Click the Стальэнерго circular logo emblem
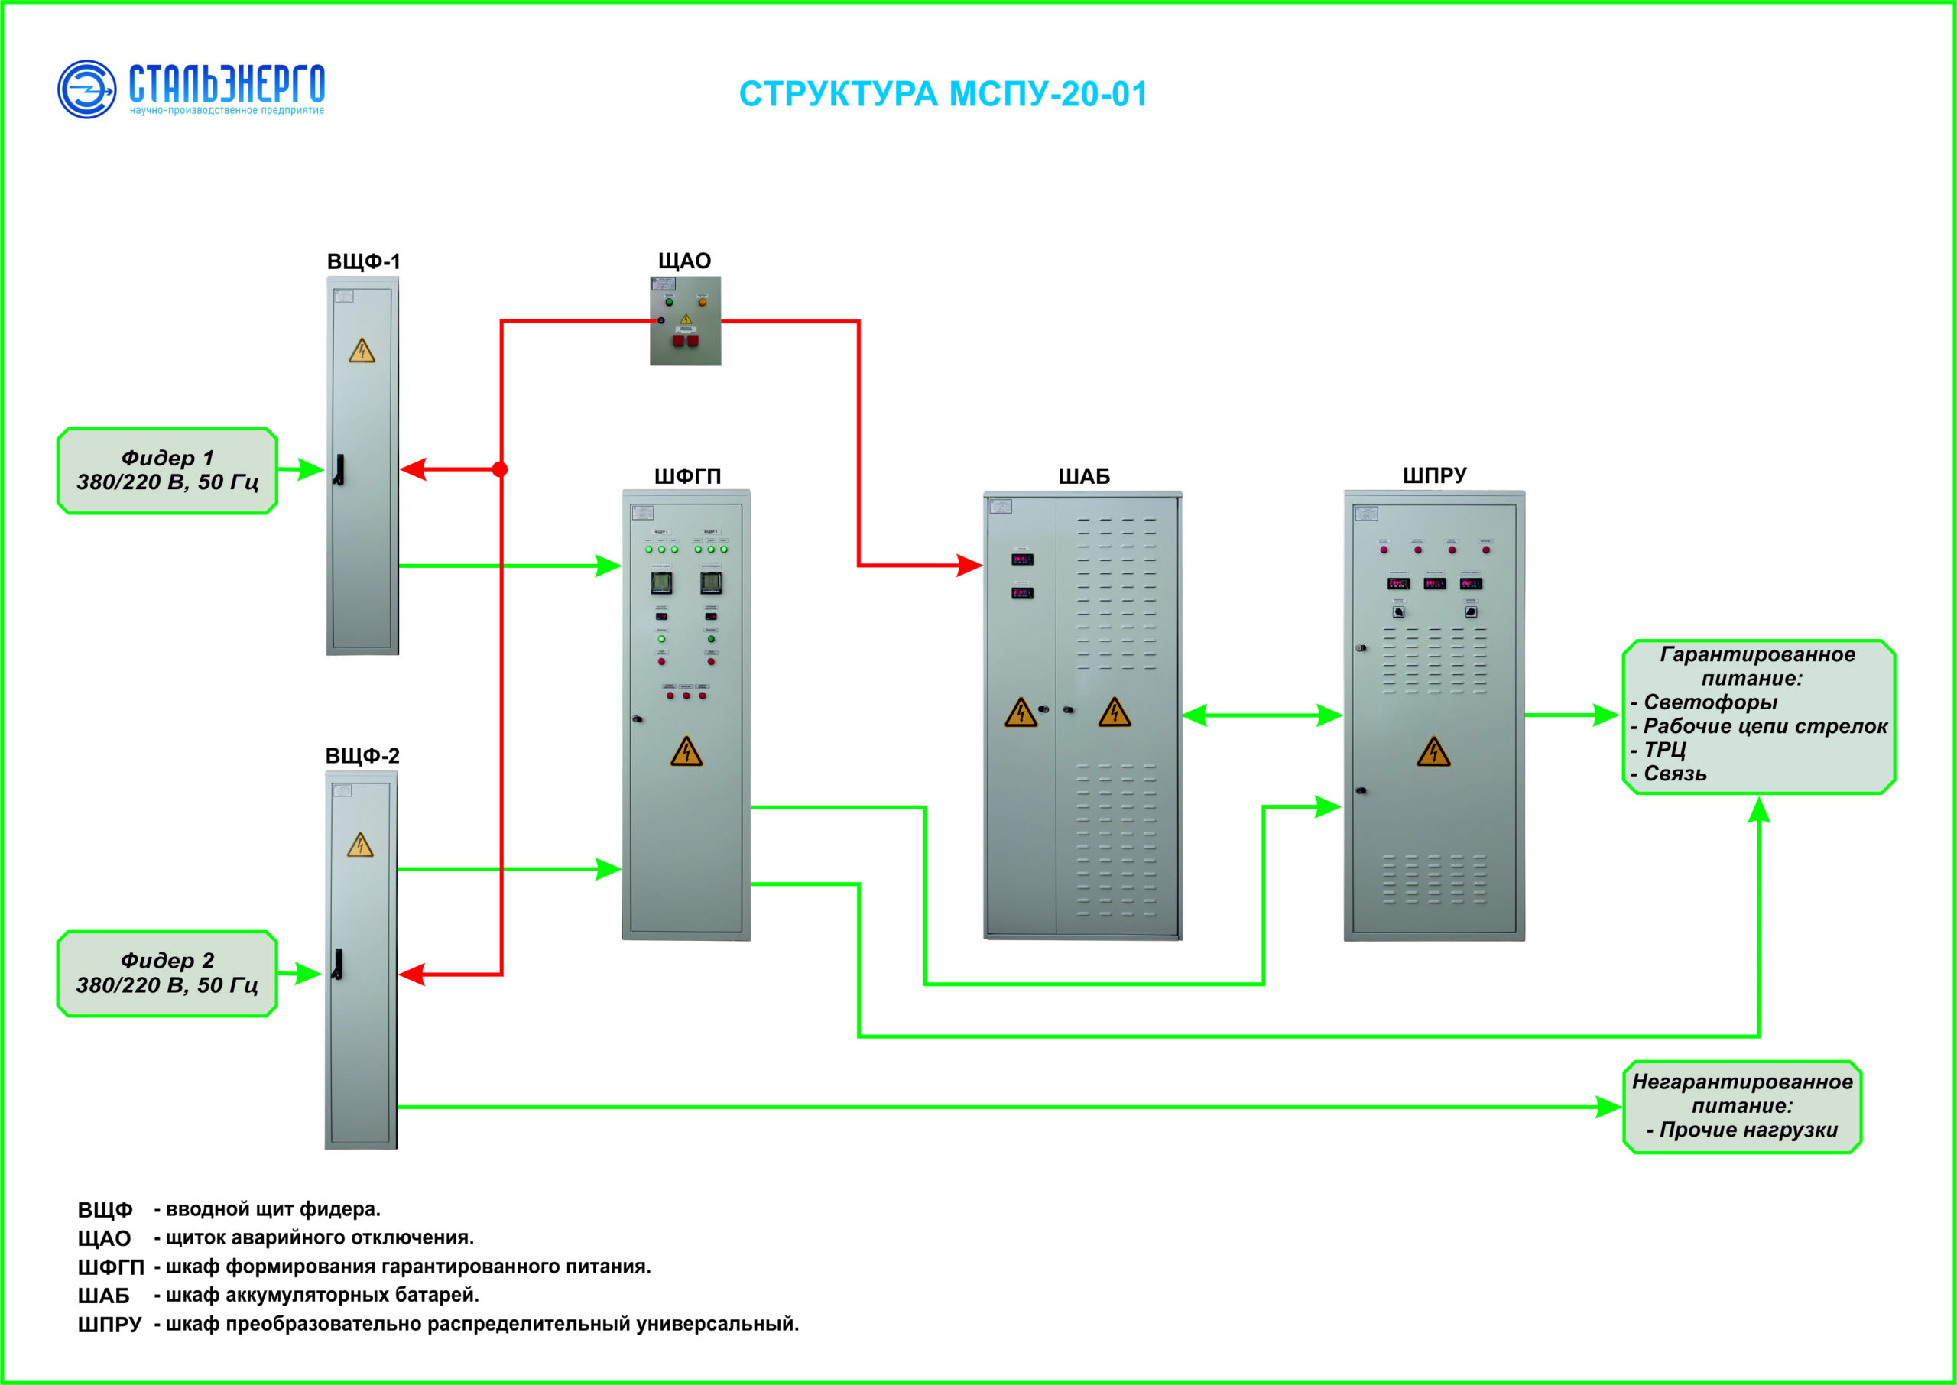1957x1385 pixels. (x=86, y=89)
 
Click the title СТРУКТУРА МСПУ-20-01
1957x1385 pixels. (x=943, y=94)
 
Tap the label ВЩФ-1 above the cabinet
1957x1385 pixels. (x=363, y=261)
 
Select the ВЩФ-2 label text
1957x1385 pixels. (x=362, y=756)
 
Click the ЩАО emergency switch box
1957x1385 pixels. (x=685, y=321)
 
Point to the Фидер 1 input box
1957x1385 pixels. (x=167, y=471)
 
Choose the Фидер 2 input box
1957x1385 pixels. (x=167, y=973)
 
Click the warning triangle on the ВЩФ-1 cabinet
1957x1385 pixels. (x=362, y=352)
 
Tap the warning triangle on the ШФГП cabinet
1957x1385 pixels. (x=686, y=752)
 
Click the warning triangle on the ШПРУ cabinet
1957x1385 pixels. (x=1433, y=752)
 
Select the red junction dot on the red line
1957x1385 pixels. (x=501, y=469)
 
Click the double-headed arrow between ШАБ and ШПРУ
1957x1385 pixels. (x=1262, y=715)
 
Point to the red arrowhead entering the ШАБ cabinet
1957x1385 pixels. (x=969, y=565)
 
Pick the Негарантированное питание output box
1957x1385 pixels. (x=1741, y=1106)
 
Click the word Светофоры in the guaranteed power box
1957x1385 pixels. (x=1710, y=702)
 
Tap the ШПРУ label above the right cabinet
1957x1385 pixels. (x=1434, y=475)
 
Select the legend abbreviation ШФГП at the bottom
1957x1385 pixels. (x=110, y=1267)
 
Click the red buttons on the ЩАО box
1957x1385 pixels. (x=685, y=340)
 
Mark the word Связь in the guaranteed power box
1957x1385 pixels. (x=1675, y=774)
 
